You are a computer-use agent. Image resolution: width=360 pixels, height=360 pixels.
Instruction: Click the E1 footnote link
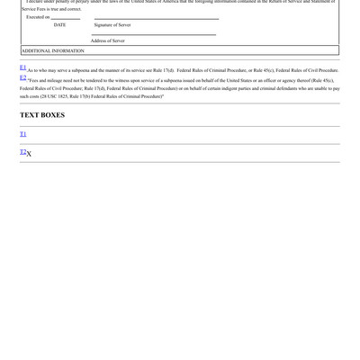[x=22, y=67]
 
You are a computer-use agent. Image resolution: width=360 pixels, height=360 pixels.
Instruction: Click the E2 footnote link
[x=22, y=77]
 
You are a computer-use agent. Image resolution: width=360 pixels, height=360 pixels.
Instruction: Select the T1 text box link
[x=23, y=134]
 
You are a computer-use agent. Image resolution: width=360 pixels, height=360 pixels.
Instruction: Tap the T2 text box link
[x=23, y=152]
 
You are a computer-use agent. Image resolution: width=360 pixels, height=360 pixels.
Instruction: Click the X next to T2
[x=30, y=154]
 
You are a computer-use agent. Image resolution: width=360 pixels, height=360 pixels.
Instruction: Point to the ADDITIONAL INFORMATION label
[x=52, y=51]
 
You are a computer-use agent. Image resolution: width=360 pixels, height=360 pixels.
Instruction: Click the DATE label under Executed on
[x=59, y=25]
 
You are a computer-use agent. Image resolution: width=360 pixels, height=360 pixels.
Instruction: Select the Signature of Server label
[x=112, y=25]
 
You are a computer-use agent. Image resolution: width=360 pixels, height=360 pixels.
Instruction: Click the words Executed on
[x=38, y=17]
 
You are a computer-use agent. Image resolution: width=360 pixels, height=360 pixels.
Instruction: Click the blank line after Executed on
[x=66, y=18]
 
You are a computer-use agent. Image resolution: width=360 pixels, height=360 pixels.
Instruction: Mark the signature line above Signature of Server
[x=155, y=19]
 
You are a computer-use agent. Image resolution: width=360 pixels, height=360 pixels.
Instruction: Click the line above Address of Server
[x=153, y=35]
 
